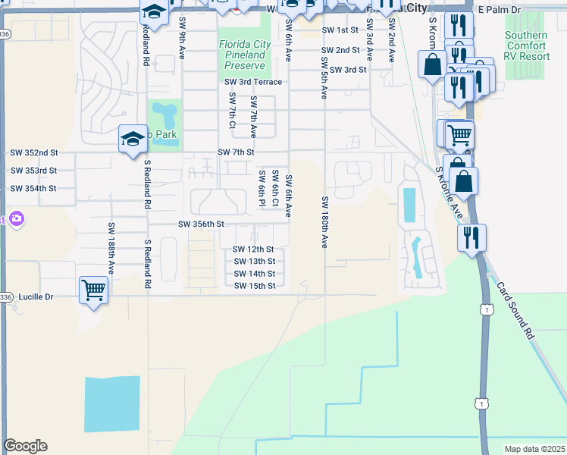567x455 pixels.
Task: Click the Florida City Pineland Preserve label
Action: tap(243, 55)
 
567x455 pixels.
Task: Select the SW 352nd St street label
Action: tap(33, 152)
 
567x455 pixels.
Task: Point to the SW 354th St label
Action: tap(33, 188)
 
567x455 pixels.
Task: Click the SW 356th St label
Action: tap(202, 224)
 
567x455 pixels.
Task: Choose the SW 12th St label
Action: tap(253, 249)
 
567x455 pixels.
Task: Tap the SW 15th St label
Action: tap(254, 286)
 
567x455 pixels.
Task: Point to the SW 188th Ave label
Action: tap(111, 248)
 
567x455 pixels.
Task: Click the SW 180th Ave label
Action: tap(324, 221)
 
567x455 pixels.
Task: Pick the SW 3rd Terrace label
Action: tap(253, 82)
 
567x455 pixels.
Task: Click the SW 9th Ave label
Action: tap(182, 40)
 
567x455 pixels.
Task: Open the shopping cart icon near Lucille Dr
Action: tap(93, 289)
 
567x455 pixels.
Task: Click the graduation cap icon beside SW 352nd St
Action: tap(132, 139)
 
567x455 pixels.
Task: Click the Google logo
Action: tap(25, 446)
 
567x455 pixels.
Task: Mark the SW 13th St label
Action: tap(254, 262)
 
